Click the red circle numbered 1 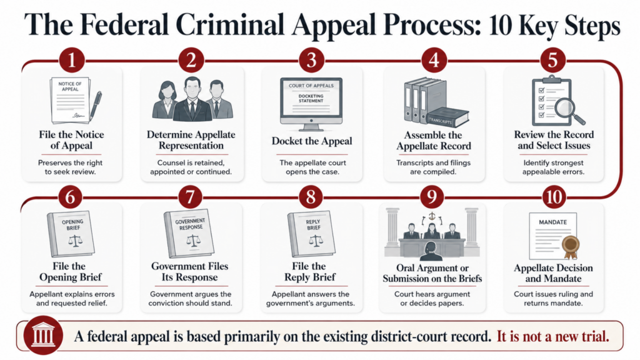coord(72,61)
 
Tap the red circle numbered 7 coord(190,197)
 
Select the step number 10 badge coord(554,197)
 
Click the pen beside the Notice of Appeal coord(96,105)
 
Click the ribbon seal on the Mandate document coord(570,246)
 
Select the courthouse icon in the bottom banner coord(43,336)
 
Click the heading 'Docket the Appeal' coord(312,141)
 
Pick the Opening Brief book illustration coord(71,234)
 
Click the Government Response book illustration coord(189,232)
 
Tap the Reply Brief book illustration coord(311,234)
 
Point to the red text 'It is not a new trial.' coord(552,337)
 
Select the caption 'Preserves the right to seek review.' coord(70,167)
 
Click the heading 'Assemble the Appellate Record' coord(434,141)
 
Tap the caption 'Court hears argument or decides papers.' coord(432,299)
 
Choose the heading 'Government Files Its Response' coord(190,272)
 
